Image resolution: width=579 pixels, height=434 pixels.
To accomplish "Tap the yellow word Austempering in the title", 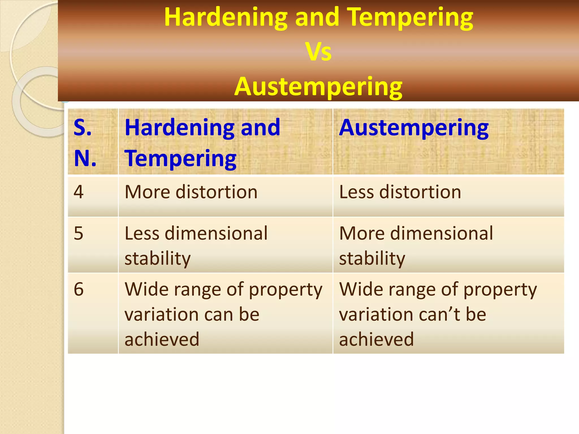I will pyautogui.click(x=318, y=86).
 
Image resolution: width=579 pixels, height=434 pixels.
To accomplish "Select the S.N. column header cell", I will pyautogui.click(x=93, y=142).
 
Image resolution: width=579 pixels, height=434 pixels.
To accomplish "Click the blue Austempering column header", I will pyautogui.click(x=414, y=128).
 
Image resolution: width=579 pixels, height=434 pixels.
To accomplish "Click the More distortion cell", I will pyautogui.click(x=191, y=192).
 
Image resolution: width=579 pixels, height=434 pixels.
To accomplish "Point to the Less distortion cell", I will pyautogui.click(x=400, y=192).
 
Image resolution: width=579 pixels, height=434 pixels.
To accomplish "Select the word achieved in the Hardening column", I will pyautogui.click(x=162, y=339).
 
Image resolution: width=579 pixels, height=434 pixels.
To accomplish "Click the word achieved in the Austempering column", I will pyautogui.click(x=376, y=339).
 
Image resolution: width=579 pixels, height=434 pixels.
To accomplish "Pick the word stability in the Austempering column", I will pyautogui.click(x=372, y=259).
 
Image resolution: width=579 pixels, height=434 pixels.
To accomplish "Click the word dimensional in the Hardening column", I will pyautogui.click(x=216, y=234).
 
